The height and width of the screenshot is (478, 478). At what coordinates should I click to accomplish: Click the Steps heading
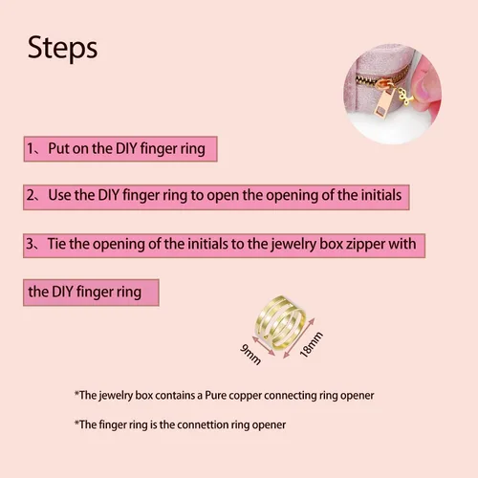pyautogui.click(x=62, y=48)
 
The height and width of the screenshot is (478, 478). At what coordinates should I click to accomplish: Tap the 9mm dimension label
pyautogui.click(x=250, y=355)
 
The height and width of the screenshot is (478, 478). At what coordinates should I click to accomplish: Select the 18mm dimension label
pyautogui.click(x=312, y=344)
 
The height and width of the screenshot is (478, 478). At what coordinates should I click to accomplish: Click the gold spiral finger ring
pyautogui.click(x=281, y=322)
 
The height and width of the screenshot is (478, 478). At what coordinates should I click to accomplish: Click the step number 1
pyautogui.click(x=31, y=148)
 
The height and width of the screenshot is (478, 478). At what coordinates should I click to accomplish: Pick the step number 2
pyautogui.click(x=31, y=195)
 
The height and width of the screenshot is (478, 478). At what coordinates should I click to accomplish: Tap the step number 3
pyautogui.click(x=31, y=244)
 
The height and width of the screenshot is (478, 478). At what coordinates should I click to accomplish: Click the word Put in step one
pyautogui.click(x=58, y=148)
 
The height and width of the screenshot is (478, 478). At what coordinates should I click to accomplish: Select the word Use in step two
pyautogui.click(x=59, y=195)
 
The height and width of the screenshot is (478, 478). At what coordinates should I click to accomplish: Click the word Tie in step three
pyautogui.click(x=57, y=244)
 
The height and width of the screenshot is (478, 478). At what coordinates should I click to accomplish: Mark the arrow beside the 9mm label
pyautogui.click(x=264, y=346)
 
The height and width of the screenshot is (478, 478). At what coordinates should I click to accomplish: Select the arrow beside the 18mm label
pyautogui.click(x=299, y=338)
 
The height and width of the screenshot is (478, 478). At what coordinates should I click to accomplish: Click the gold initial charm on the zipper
pyautogui.click(x=404, y=97)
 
